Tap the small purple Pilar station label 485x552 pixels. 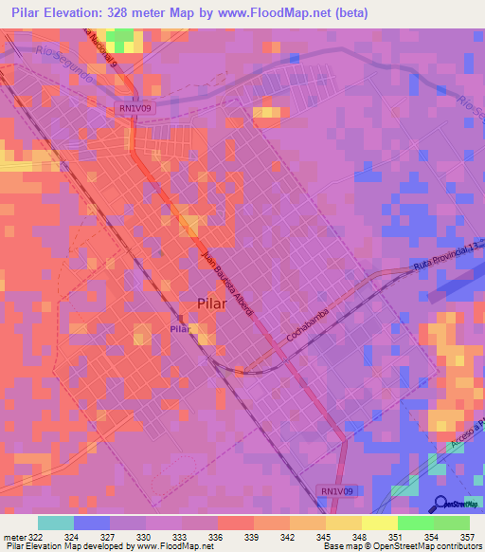point(179,328)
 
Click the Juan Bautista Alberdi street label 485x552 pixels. point(236,286)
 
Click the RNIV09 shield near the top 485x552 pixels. point(133,108)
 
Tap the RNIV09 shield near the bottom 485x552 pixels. point(336,490)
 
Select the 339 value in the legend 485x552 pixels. point(251,538)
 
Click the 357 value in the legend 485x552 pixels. point(466,538)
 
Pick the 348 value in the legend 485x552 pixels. point(358,538)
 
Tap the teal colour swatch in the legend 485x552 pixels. point(56,523)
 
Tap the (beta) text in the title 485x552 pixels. point(347,12)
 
